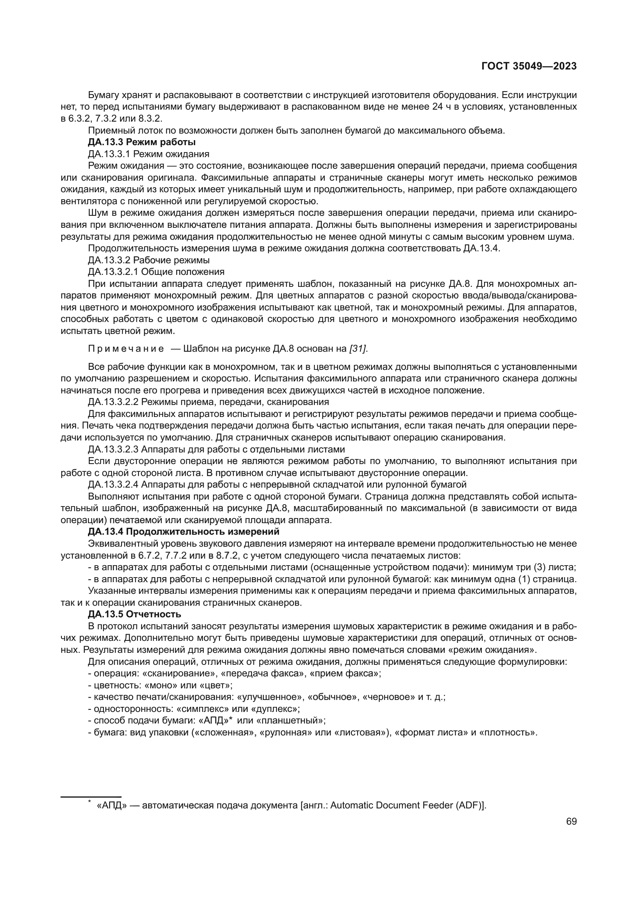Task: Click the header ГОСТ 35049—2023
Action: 528,66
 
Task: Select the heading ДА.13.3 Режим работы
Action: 142,142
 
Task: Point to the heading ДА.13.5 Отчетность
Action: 134,614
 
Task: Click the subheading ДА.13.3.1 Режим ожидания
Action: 149,154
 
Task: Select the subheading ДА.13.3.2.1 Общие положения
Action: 156,272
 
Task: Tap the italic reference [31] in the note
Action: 358,349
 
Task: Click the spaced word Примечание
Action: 126,349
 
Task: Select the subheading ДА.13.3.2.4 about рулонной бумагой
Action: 277,484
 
